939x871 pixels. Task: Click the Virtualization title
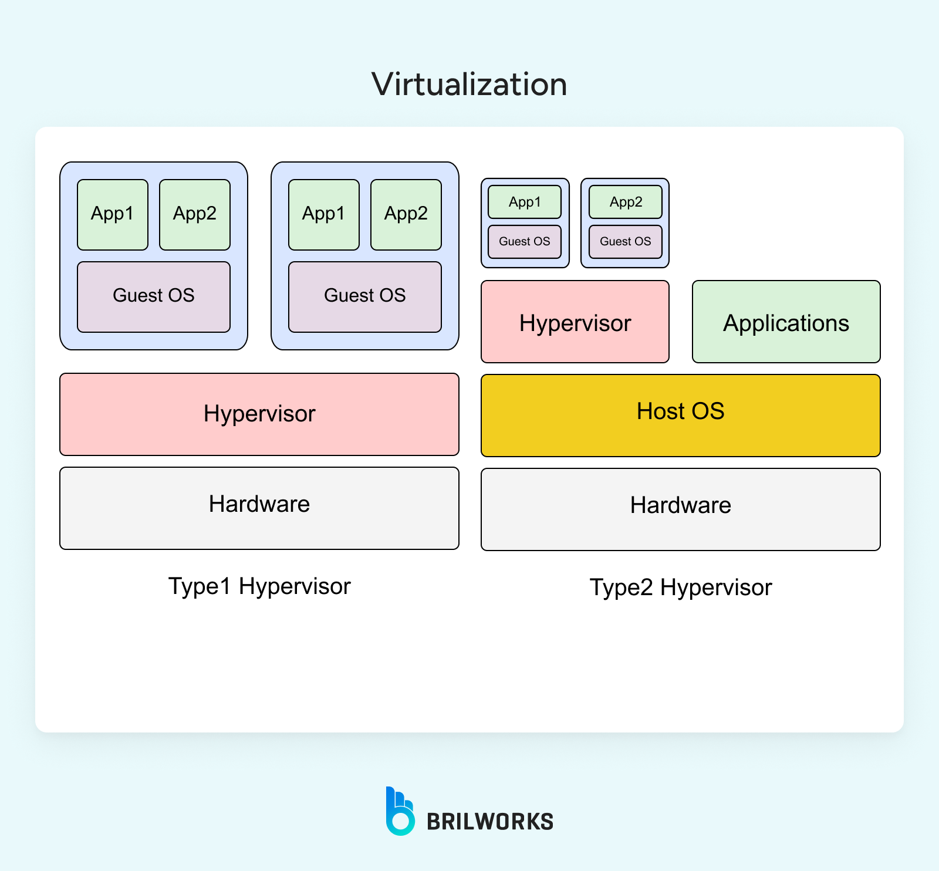click(x=469, y=85)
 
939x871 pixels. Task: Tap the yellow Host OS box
click(x=680, y=415)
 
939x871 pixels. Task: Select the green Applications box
click(x=786, y=322)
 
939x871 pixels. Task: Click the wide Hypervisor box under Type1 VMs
click(x=259, y=414)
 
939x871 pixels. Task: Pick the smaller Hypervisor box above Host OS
click(x=575, y=322)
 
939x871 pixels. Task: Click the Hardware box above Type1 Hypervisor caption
click(x=259, y=508)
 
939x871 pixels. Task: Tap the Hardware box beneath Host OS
click(x=680, y=509)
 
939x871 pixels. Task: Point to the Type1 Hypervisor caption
click(x=259, y=586)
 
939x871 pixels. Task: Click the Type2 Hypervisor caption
click(x=680, y=588)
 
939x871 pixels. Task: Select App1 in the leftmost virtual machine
click(x=112, y=214)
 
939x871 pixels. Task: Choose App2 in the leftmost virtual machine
click(x=194, y=214)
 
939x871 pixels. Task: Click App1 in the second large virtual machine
click(x=323, y=214)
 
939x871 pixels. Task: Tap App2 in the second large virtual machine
click(x=406, y=214)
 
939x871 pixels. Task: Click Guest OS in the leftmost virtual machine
click(x=153, y=296)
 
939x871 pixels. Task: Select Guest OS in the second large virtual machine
click(x=364, y=296)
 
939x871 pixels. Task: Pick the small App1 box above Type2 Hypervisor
click(x=524, y=202)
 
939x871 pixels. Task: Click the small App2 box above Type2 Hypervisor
click(x=625, y=202)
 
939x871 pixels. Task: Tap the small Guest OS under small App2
click(x=625, y=241)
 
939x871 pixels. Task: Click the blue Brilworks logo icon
click(x=400, y=812)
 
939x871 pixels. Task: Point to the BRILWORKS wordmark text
click(x=489, y=822)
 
